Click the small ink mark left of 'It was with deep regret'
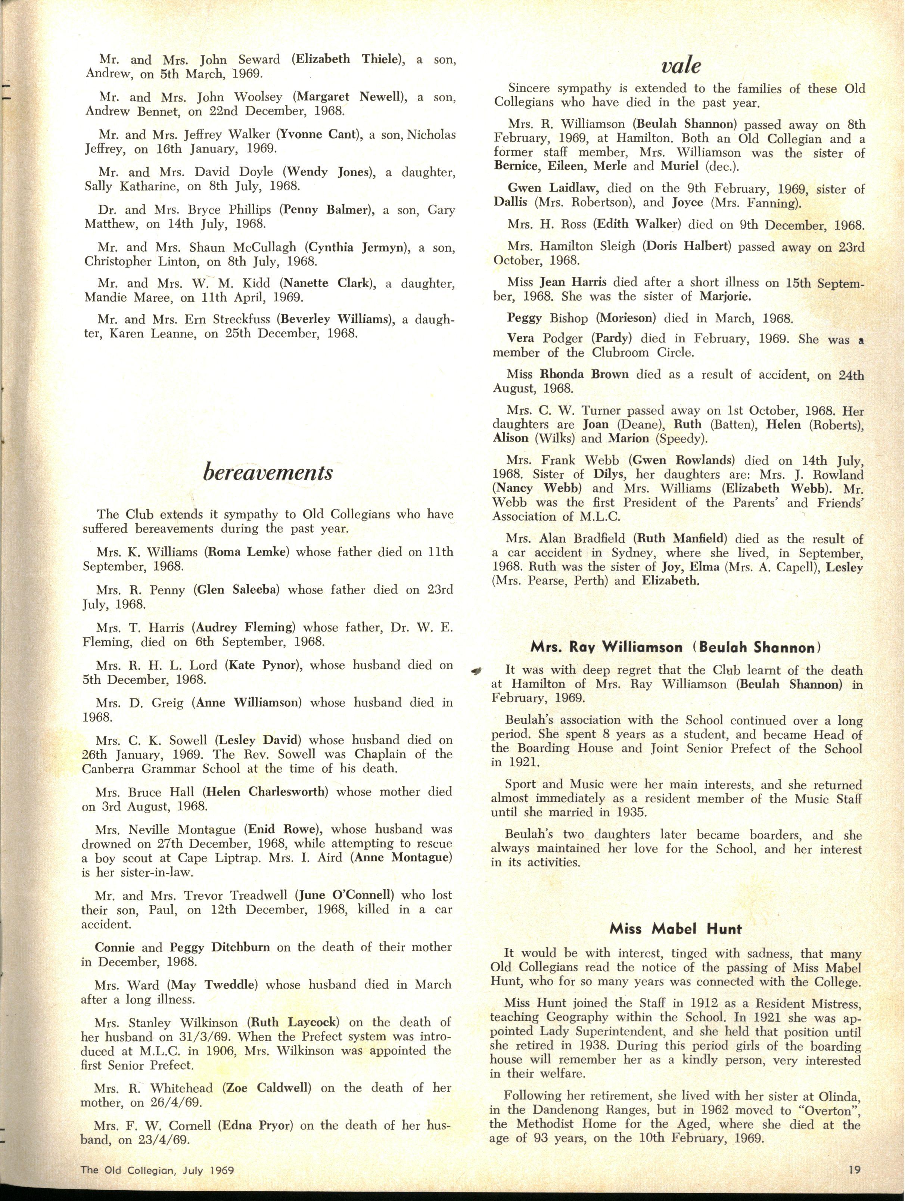(x=478, y=671)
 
